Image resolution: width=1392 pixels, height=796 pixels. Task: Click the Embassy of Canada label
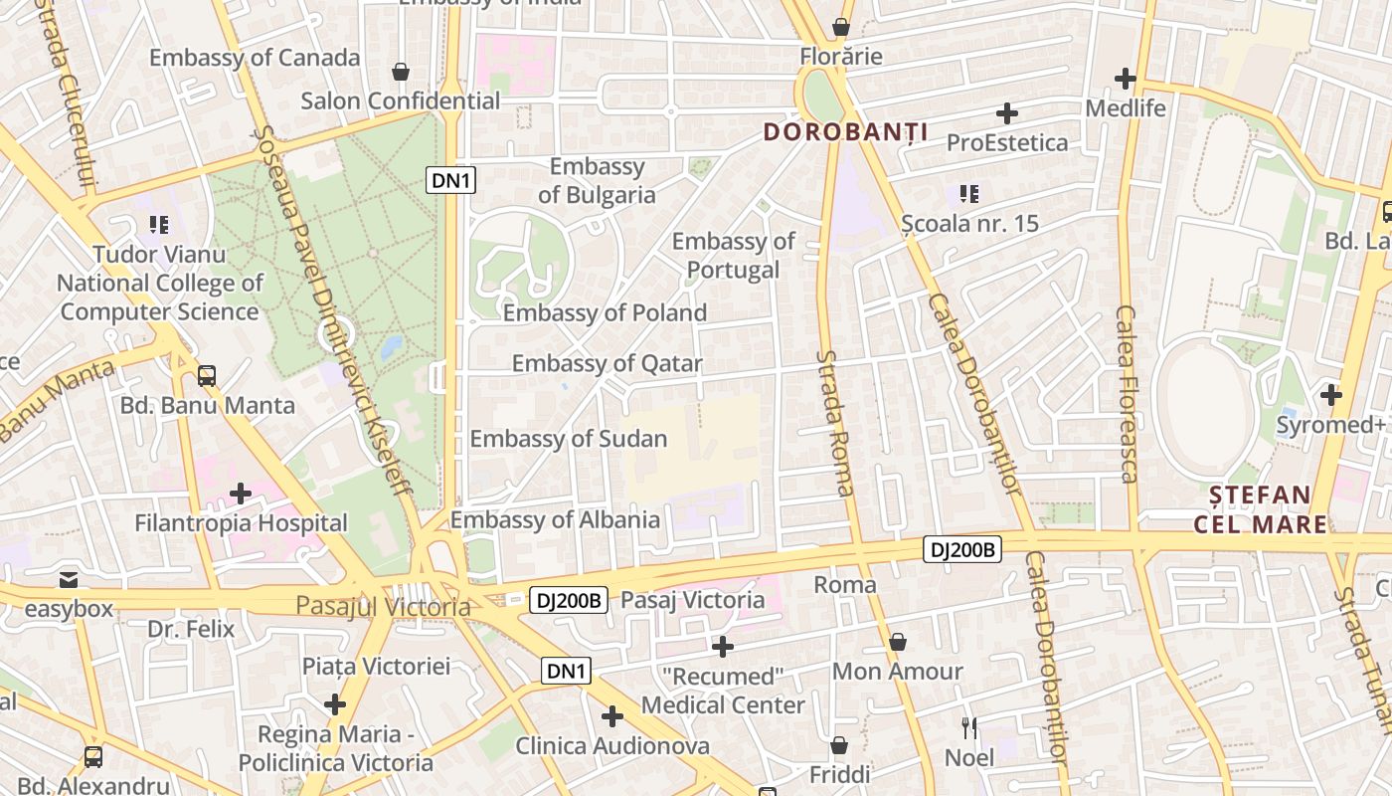(x=255, y=58)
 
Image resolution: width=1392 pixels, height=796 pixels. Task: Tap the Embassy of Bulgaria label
(x=597, y=181)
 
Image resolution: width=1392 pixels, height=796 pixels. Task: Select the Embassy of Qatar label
(x=607, y=364)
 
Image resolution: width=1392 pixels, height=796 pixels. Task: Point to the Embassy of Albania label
(x=555, y=519)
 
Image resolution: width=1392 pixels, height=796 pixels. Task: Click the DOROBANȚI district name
(x=845, y=132)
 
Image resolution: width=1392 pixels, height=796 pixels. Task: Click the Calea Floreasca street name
(x=1126, y=393)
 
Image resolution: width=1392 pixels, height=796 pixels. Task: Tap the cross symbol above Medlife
(x=1126, y=78)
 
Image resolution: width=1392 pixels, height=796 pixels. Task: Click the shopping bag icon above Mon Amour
(x=898, y=642)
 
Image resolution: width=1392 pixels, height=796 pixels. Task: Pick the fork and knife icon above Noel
(x=969, y=728)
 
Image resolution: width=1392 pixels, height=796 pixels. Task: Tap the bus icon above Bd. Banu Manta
(x=207, y=376)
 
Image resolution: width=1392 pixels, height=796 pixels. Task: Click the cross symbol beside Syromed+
(x=1331, y=395)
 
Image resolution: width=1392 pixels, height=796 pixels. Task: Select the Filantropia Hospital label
(x=241, y=523)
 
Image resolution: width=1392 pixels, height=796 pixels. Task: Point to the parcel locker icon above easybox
(x=68, y=579)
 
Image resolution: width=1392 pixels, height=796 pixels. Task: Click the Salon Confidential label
(x=400, y=100)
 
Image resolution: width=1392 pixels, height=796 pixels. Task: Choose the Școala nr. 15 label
(x=969, y=224)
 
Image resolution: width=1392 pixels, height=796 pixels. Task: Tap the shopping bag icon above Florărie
(x=841, y=27)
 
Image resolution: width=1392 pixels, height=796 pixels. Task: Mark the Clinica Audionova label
(x=612, y=746)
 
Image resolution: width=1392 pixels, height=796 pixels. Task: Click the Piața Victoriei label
(x=376, y=667)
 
